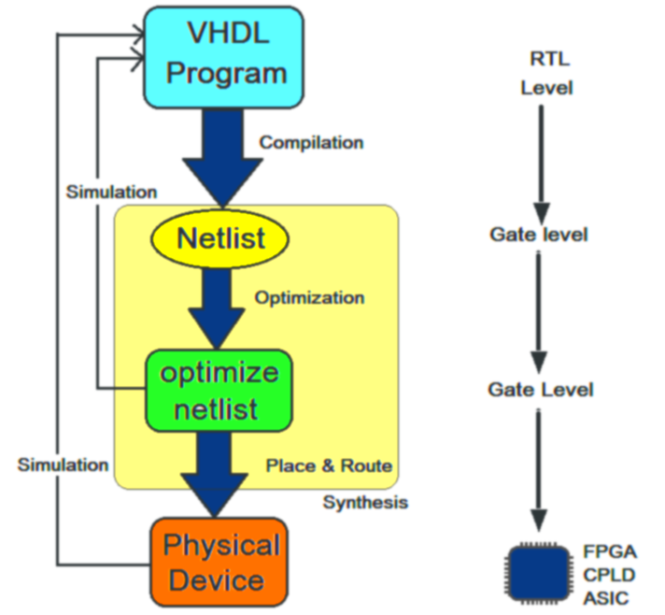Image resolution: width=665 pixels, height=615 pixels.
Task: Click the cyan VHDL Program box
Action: [223, 55]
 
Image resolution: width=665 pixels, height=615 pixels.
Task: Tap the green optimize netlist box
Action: [219, 390]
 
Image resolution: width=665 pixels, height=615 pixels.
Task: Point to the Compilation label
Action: [311, 143]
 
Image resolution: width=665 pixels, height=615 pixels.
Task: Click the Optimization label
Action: [309, 298]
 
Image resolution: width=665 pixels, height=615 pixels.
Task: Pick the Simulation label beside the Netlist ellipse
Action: [110, 192]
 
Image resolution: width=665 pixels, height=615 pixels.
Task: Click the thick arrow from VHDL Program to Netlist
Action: [222, 159]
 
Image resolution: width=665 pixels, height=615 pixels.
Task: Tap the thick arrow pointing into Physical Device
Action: [215, 472]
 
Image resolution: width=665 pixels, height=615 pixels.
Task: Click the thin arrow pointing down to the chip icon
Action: [539, 467]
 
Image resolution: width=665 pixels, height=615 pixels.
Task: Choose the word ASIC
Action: [604, 596]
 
